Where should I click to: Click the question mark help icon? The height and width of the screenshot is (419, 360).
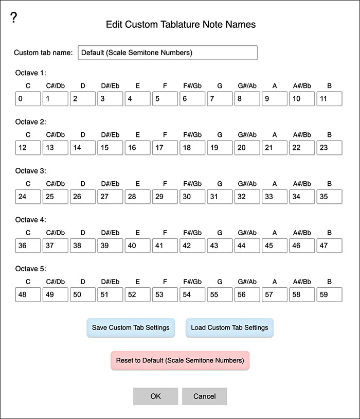click(14, 18)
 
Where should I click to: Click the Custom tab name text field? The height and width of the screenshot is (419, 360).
click(167, 53)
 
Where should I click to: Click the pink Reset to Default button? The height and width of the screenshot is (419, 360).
click(180, 360)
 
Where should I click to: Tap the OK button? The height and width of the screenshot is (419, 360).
click(155, 396)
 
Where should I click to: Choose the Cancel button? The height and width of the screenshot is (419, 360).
click(204, 396)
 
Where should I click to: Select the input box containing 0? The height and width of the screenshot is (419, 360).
click(28, 99)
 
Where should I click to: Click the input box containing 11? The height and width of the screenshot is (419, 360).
click(329, 99)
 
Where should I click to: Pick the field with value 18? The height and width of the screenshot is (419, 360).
click(192, 148)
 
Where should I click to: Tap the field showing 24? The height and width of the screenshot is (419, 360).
click(28, 197)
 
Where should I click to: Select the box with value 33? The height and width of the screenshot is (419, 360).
click(275, 197)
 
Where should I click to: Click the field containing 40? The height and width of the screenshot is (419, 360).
click(137, 246)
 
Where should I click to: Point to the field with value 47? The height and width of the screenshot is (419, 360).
click(329, 246)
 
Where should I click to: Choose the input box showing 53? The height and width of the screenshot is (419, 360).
click(165, 294)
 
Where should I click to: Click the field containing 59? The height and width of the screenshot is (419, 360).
click(329, 294)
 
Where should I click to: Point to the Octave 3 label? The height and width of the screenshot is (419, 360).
click(31, 171)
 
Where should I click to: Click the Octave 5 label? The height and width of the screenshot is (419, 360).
click(31, 269)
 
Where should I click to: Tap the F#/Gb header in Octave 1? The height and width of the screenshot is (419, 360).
click(192, 85)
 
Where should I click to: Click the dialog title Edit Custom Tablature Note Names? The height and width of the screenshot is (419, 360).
click(181, 24)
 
